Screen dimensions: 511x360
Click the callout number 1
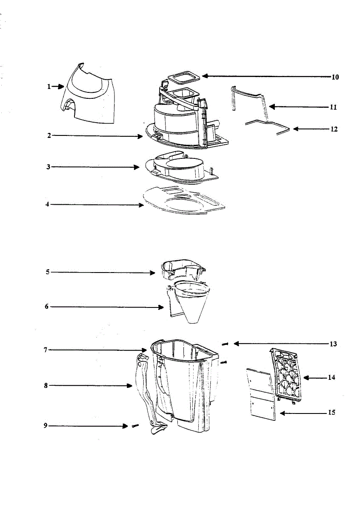tap(49, 86)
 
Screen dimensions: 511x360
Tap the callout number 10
tap(335, 77)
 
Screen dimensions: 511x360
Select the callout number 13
tap(333, 344)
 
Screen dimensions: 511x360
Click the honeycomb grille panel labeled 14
tap(288, 375)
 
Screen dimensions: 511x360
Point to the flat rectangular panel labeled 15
tap(261, 394)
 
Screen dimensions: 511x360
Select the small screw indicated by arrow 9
tap(135, 425)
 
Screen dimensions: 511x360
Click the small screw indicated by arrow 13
tap(226, 344)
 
